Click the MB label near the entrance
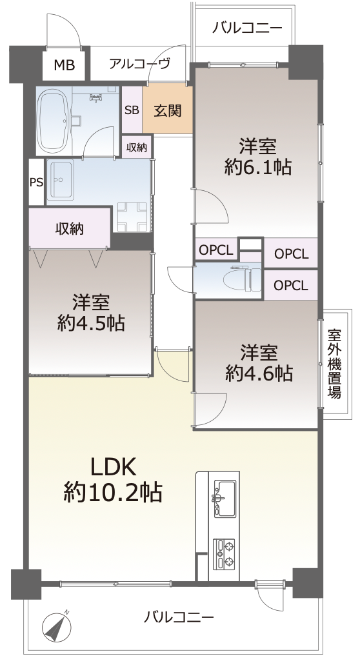(65, 65)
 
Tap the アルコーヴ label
(139, 64)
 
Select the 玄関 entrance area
(168, 110)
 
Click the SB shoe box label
(132, 110)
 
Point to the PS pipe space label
(36, 182)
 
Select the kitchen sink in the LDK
(225, 499)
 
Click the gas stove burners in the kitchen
(225, 553)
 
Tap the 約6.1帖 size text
(257, 168)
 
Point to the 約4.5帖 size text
(90, 323)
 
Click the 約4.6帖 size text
(259, 373)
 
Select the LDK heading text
(112, 467)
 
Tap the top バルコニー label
(247, 28)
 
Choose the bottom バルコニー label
(178, 617)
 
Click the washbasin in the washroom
(60, 179)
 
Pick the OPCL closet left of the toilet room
(215, 250)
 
